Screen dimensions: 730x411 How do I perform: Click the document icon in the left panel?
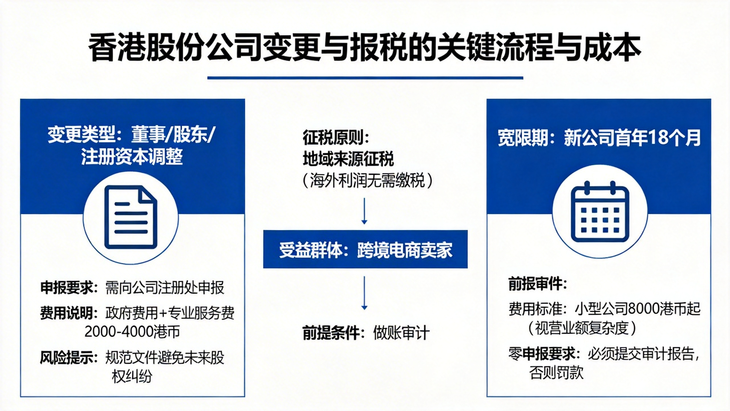(131, 217)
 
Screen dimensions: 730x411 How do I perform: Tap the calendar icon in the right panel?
(600, 211)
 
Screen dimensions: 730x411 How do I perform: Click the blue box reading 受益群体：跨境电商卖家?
(365, 249)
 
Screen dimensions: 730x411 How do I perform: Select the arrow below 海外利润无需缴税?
(364, 211)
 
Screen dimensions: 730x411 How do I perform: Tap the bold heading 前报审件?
(535, 284)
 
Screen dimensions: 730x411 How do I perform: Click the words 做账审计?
(401, 333)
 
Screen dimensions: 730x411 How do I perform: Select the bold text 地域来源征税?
(348, 159)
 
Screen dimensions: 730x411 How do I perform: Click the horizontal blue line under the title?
(365, 78)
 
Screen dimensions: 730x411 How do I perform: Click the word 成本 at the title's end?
(613, 48)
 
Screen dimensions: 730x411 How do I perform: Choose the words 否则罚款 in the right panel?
(556, 373)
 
